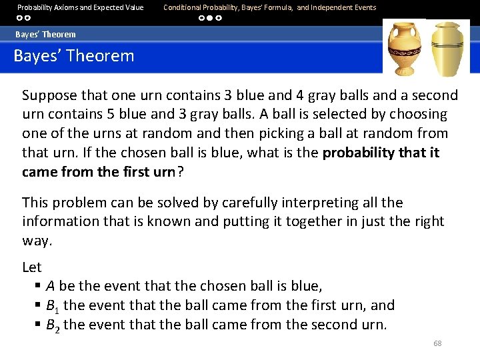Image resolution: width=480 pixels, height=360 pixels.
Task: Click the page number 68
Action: point(437,343)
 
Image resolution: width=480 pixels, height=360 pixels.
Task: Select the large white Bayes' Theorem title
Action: point(74,56)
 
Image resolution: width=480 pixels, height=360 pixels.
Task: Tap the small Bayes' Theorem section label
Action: point(46,34)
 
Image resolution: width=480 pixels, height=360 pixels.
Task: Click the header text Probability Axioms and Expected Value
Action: point(80,7)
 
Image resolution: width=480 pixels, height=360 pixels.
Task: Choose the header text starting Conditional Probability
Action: point(269,7)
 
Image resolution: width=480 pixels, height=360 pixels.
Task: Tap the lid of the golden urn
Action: point(448,27)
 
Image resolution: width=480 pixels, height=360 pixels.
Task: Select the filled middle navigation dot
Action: point(210,19)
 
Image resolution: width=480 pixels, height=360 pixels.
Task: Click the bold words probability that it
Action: point(381,153)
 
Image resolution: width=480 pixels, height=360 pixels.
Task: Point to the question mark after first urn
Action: point(180,171)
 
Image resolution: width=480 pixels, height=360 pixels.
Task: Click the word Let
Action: point(32,267)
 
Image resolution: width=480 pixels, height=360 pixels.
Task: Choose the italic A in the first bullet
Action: point(50,286)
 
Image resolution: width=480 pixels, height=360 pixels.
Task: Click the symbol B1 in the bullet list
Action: point(53,306)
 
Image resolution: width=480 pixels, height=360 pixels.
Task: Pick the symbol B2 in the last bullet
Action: point(53,325)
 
